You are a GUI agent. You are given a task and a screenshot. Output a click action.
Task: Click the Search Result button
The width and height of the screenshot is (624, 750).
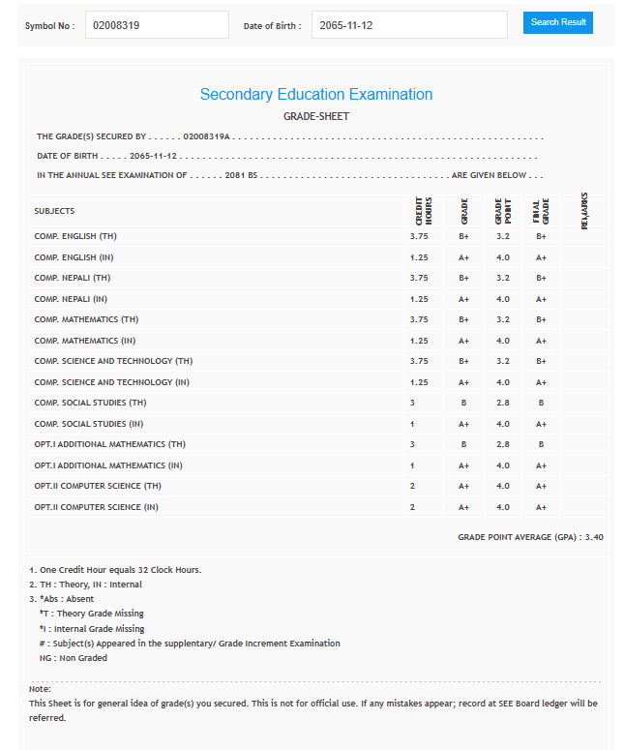point(557,22)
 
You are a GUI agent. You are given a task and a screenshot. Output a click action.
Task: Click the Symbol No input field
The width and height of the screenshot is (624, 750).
point(157,25)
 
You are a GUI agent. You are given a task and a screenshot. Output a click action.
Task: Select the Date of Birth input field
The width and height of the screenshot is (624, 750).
point(408,25)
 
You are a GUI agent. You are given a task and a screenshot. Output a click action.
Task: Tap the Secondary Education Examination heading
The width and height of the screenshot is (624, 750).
point(315,95)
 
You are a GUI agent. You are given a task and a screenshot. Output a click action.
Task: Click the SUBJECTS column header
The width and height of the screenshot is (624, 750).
point(54,211)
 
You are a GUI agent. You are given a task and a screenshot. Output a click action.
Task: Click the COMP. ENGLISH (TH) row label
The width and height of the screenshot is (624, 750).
point(75,236)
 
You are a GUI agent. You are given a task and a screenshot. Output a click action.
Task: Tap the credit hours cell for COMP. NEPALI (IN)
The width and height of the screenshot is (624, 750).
point(418,299)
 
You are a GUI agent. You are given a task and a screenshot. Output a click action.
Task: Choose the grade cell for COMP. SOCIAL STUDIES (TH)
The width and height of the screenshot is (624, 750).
point(463,403)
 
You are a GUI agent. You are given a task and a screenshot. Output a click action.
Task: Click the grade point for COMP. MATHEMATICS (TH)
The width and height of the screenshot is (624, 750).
point(502,319)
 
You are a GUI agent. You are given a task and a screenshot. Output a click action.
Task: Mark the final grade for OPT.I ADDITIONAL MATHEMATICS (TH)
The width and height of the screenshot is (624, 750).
point(541,444)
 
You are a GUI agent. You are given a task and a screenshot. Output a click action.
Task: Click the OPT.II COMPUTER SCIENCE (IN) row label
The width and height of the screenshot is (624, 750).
point(96,507)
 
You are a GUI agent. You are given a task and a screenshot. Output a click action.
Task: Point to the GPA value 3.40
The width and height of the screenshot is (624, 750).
point(594,536)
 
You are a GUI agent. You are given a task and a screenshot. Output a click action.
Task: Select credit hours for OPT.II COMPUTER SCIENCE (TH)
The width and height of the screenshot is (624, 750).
point(412,486)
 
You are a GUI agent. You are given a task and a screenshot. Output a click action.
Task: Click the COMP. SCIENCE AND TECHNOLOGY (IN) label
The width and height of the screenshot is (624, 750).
point(111,382)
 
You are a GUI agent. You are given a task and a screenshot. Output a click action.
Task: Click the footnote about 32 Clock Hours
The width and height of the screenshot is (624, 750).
point(115,569)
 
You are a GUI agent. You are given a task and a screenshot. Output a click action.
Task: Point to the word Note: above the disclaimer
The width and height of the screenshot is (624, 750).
point(40,689)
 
